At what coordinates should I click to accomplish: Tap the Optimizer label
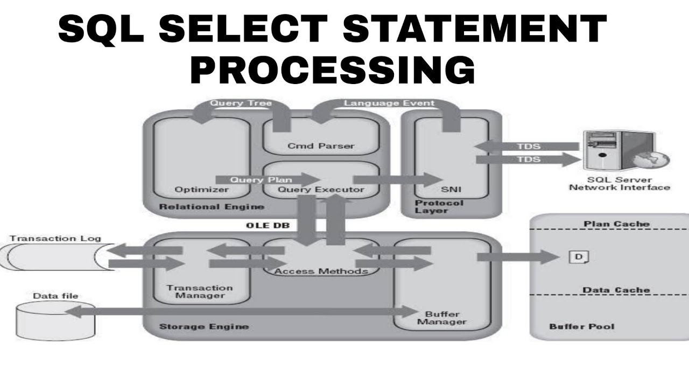(195, 189)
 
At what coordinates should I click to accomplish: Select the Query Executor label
(321, 189)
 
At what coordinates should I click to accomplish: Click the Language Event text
(389, 102)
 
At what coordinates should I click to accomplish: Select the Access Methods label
(321, 271)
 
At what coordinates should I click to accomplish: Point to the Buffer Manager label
(442, 318)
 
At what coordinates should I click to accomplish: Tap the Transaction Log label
(55, 238)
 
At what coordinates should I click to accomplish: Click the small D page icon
(579, 257)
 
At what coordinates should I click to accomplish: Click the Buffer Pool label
(581, 326)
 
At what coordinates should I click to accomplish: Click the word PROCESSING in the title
(333, 70)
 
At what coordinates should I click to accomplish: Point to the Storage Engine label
(204, 326)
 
